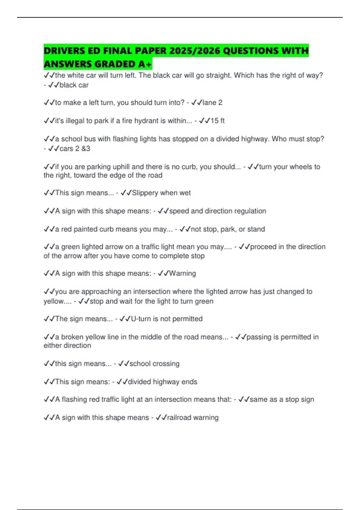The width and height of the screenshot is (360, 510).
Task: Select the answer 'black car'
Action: point(74,85)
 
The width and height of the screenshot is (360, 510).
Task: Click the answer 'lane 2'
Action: point(212,103)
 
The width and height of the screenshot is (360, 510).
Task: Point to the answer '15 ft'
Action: point(217,121)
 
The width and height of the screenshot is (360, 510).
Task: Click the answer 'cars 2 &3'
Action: point(75,148)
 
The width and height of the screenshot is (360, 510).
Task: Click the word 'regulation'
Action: point(250,211)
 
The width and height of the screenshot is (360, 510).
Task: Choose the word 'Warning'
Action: point(182,274)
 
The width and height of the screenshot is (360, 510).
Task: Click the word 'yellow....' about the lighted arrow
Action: point(58,301)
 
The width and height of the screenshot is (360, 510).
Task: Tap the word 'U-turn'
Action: point(141,319)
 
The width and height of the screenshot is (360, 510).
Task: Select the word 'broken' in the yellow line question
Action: point(72,337)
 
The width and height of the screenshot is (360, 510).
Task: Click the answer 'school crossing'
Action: point(154,364)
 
